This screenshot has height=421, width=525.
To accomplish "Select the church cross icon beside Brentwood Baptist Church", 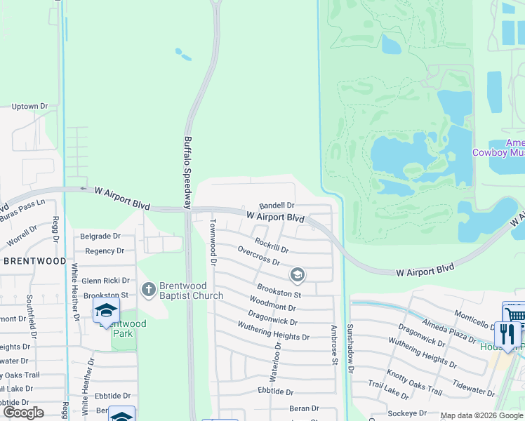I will pyautogui.click(x=148, y=288).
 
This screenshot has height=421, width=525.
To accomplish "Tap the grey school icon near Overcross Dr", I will pyautogui.click(x=298, y=274).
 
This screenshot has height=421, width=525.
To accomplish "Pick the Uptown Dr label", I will pyautogui.click(x=29, y=107).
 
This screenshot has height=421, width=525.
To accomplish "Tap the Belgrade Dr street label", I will pyautogui.click(x=100, y=236).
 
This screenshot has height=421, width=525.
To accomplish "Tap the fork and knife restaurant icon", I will pyautogui.click(x=507, y=333).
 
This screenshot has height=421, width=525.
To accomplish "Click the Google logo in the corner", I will pyautogui.click(x=23, y=413).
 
